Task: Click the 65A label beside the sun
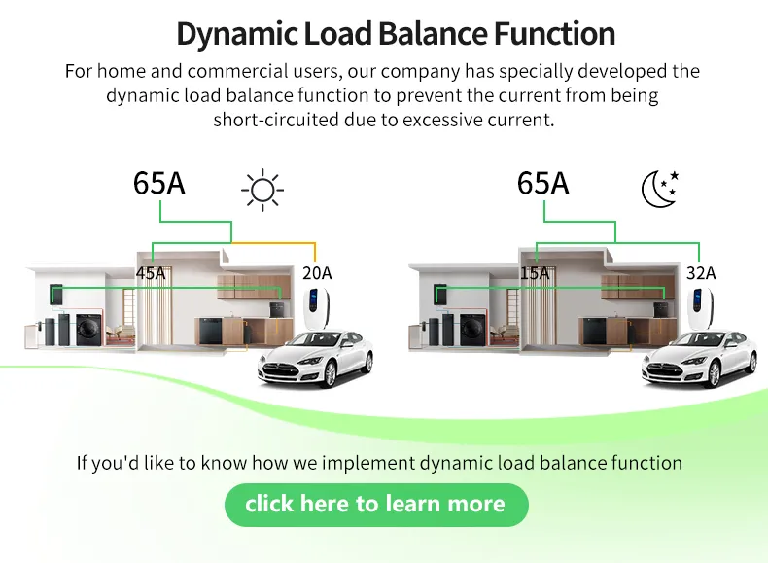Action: [159, 182]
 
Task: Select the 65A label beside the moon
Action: [542, 182]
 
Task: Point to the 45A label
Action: [151, 273]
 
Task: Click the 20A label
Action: [317, 273]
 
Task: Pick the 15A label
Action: [535, 273]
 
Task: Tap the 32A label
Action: [701, 273]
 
